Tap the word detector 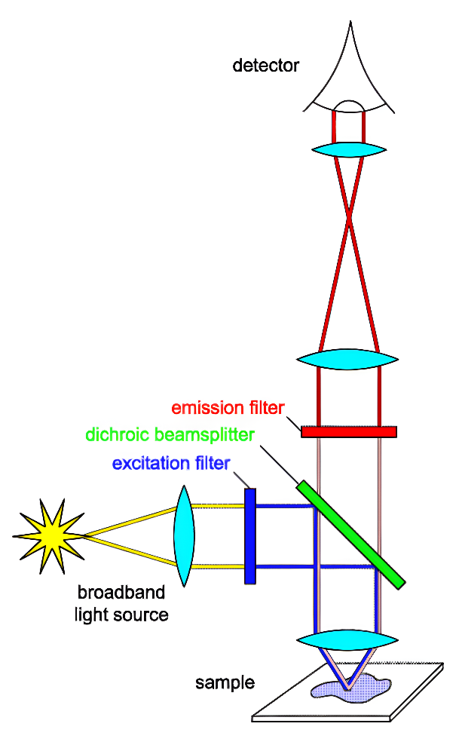click(x=265, y=66)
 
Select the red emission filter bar click(x=348, y=432)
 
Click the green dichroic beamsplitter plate click(x=350, y=534)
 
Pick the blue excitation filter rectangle click(x=249, y=535)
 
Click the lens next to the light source click(x=184, y=535)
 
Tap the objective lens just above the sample click(x=347, y=641)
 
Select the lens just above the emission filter click(x=347, y=358)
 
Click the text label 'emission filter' click(x=228, y=409)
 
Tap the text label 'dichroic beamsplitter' click(x=170, y=435)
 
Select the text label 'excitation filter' click(x=170, y=462)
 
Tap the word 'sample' click(x=225, y=684)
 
